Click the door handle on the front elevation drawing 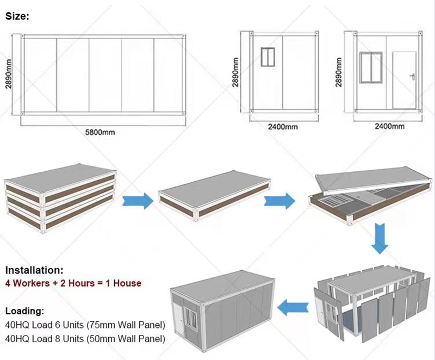pyautogui.click(x=412, y=76)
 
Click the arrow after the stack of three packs pyautogui.click(x=138, y=200)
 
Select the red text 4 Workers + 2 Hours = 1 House pyautogui.click(x=73, y=283)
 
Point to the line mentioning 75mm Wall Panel pyautogui.click(x=85, y=326)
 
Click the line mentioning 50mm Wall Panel pyautogui.click(x=85, y=339)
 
